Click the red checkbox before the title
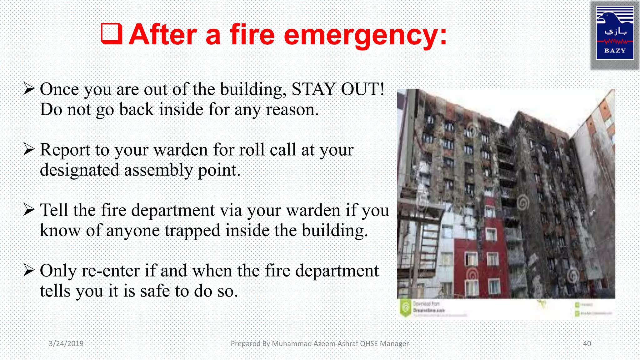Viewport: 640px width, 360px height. pos(111,34)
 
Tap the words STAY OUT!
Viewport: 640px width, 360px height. pos(338,89)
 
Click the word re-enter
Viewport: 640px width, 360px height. pos(110,271)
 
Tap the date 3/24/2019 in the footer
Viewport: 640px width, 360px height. pos(66,343)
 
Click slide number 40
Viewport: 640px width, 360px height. pos(587,343)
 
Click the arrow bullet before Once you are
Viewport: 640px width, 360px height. pos(29,89)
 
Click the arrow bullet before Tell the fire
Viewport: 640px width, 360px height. pos(29,210)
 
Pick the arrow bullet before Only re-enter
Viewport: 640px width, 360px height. pos(29,270)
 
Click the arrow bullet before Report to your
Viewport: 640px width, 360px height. pos(29,149)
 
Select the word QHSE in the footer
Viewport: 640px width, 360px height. pos(369,343)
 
